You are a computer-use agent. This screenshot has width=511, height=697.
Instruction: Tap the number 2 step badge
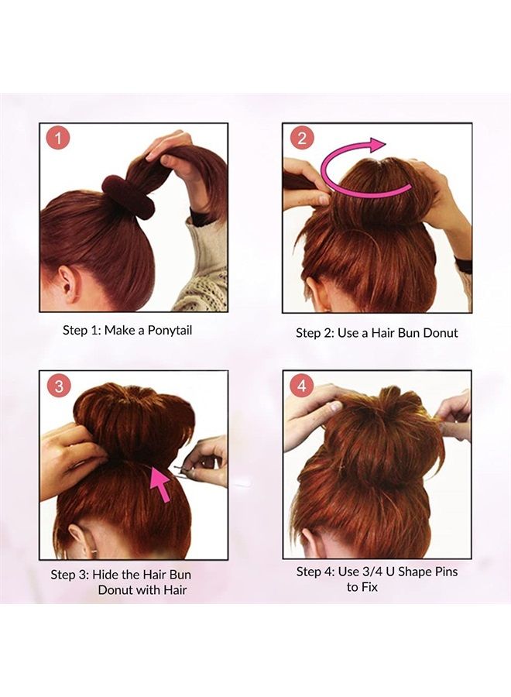302,139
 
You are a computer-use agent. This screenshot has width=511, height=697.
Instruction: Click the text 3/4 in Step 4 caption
372,572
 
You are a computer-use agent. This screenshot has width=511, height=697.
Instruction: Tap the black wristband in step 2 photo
464,265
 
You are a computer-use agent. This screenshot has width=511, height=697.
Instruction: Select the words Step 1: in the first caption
81,330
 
